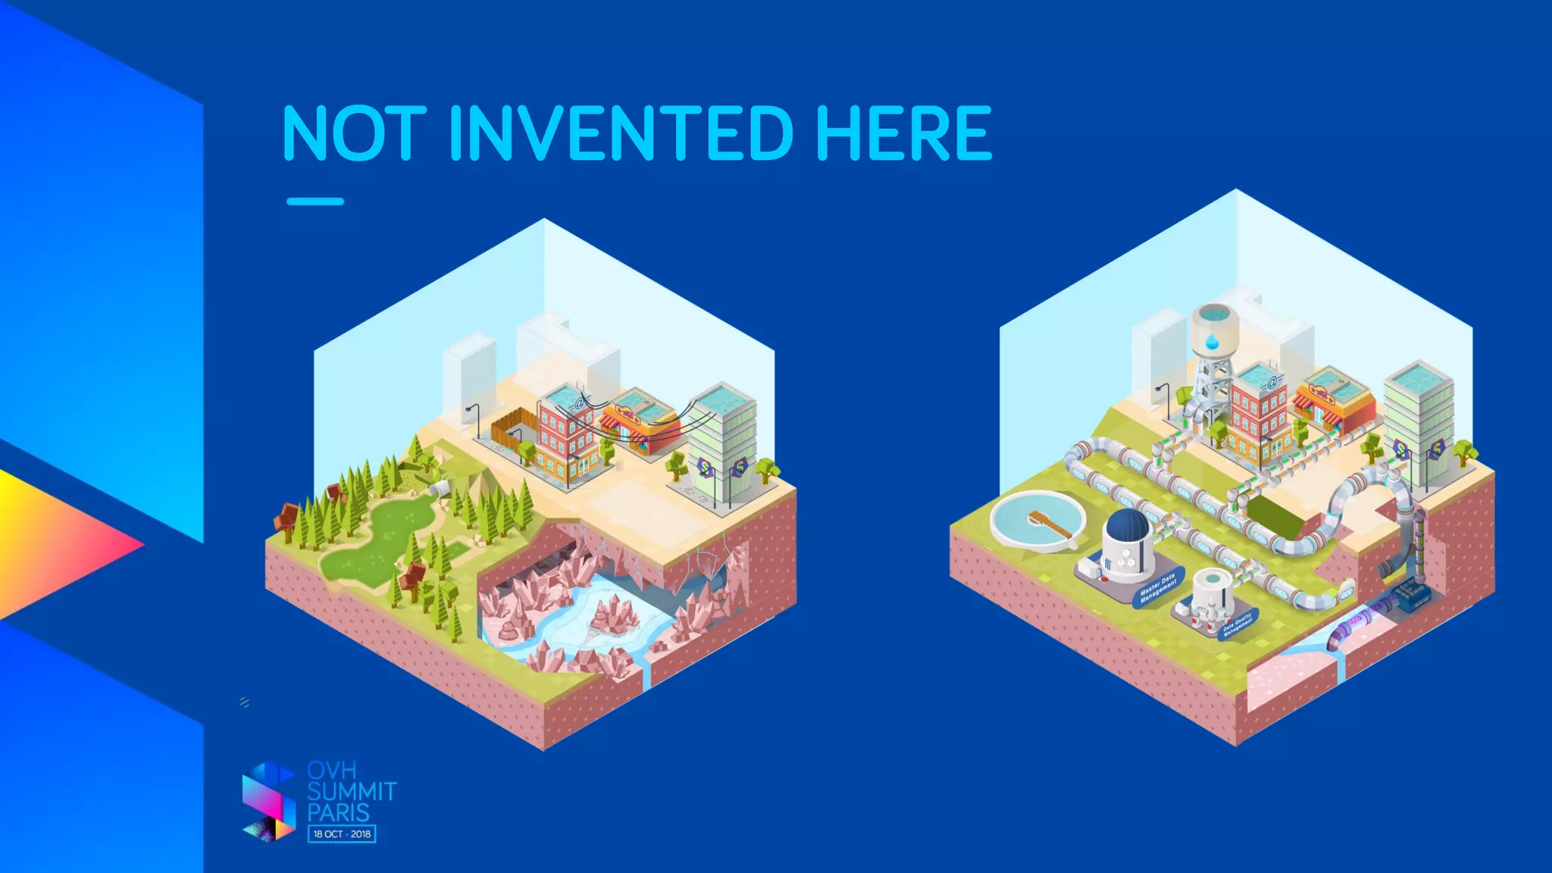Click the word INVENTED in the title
pyautogui.click(x=621, y=133)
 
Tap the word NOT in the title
pyautogui.click(x=354, y=133)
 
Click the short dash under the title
pyautogui.click(x=315, y=202)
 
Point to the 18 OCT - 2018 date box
pyautogui.click(x=342, y=834)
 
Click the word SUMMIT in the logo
pyautogui.click(x=352, y=792)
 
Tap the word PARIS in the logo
pyautogui.click(x=338, y=813)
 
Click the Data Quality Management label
pyautogui.click(x=1238, y=625)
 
